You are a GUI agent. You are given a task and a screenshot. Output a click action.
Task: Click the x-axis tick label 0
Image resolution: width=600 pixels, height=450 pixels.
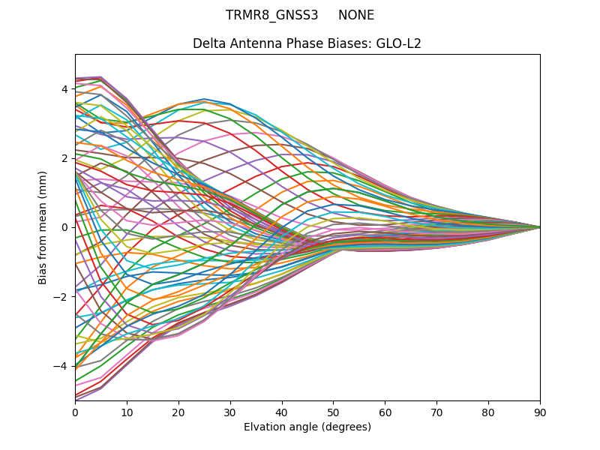pos(75,412)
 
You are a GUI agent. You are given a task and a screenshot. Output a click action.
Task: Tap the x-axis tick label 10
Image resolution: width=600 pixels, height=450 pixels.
pos(127,412)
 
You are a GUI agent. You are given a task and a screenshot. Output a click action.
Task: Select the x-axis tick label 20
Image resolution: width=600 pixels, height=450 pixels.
pos(178,412)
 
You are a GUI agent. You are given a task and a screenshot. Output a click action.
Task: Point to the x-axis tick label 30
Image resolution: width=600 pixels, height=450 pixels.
pos(230,412)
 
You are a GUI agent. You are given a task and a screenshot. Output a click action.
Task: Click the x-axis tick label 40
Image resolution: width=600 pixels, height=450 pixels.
pos(282,412)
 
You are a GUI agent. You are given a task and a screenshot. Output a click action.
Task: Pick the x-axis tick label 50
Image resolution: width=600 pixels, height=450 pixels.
pos(333,412)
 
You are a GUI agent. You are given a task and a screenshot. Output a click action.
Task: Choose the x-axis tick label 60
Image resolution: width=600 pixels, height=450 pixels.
pos(385,412)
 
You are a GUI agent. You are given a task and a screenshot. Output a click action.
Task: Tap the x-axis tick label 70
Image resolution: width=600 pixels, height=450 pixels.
pos(436,412)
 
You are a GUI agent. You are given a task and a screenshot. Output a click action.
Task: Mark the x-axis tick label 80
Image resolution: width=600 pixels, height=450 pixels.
pos(488,412)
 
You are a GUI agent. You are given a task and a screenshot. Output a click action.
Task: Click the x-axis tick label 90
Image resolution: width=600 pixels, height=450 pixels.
pos(540,412)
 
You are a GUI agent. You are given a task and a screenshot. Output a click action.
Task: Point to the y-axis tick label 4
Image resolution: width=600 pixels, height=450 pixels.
pos(64,89)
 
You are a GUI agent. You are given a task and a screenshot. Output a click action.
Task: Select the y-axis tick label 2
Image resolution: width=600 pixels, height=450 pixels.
pos(64,158)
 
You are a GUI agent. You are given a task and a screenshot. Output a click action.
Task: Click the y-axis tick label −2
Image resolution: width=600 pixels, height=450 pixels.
pos(61,296)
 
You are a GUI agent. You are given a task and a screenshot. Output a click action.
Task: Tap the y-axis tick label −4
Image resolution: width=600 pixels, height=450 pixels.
pos(61,366)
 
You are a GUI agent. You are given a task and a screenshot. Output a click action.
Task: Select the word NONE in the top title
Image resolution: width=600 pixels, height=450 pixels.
pos(356,15)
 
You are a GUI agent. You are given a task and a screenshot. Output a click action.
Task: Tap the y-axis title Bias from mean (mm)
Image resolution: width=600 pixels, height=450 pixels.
pos(43,226)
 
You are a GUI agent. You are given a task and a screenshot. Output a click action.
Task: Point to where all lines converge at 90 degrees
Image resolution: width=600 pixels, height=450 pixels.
pos(539,226)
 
